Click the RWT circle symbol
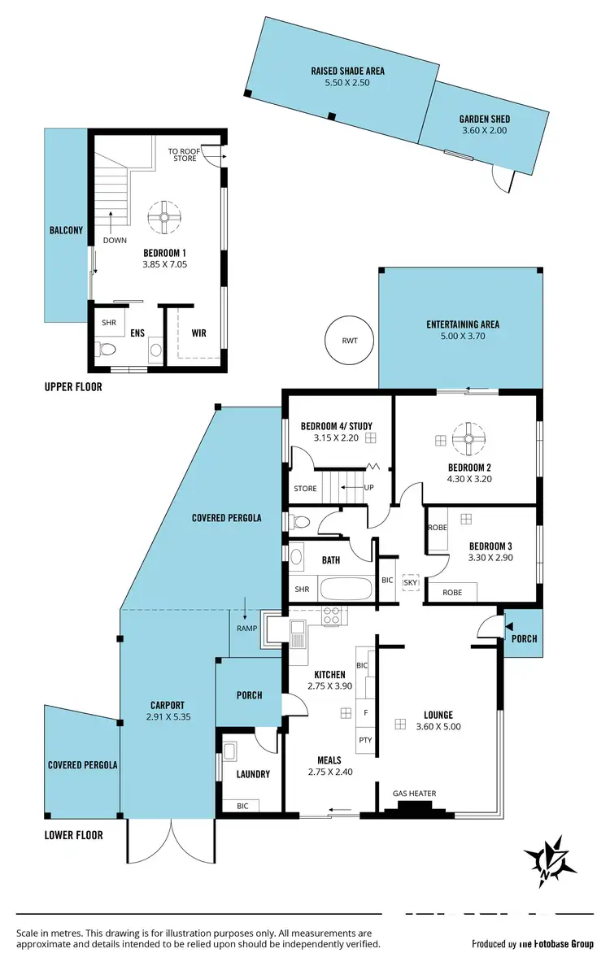coord(350,340)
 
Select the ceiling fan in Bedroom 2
coord(468,440)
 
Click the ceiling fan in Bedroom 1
coord(163,217)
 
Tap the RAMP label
coord(248,629)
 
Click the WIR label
coord(198,333)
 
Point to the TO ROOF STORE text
coord(183,154)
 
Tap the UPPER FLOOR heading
coord(73,387)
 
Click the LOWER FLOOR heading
coord(74,835)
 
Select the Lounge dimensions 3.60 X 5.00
coord(438,727)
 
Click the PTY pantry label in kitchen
coord(366,741)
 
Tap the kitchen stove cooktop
coord(331,616)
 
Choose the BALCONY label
coord(66,230)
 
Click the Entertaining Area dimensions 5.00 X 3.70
coord(462,336)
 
